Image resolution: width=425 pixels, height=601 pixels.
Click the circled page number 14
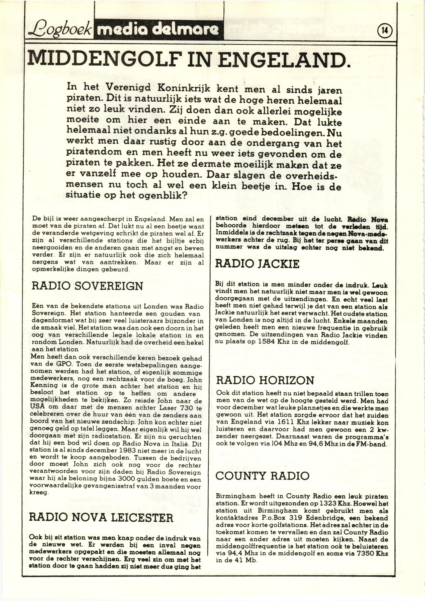click(x=384, y=31)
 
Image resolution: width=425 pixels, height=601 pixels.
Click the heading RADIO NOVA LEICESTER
click(x=101, y=518)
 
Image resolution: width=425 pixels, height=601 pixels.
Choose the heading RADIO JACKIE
click(x=257, y=264)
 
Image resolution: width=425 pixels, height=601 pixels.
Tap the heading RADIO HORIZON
click(x=265, y=380)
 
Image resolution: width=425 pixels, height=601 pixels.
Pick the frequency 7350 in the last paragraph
click(x=369, y=554)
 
